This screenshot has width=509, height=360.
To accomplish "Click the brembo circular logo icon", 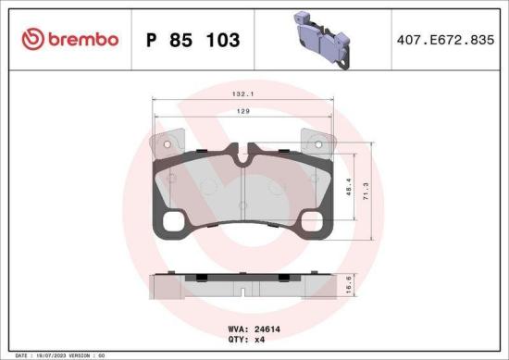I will pos(31,39).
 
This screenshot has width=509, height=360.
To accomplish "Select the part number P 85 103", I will pos(193,40).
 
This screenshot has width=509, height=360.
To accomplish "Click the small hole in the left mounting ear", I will pos(162,143).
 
